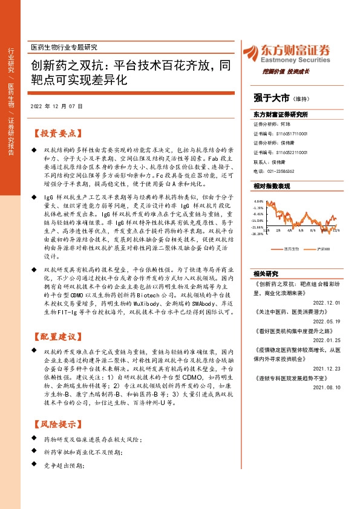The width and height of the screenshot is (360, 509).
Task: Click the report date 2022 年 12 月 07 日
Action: [x=56, y=106]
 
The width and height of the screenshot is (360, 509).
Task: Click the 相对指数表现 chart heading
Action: [x=272, y=186]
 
